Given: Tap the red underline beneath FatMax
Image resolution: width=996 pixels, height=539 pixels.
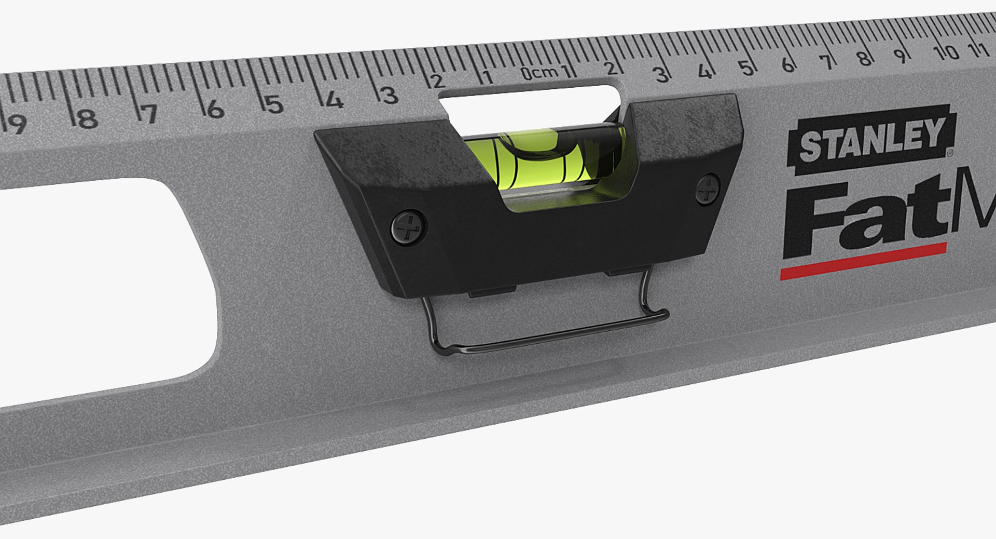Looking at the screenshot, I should [x=863, y=261].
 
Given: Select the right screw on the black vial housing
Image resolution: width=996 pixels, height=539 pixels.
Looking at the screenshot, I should [x=707, y=189].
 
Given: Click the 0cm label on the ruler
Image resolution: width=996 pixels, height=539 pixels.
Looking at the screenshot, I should [x=539, y=73].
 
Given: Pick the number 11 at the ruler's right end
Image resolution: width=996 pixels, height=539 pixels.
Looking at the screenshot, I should [x=977, y=49].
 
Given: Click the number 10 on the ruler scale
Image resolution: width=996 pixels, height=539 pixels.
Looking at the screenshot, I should [x=945, y=52].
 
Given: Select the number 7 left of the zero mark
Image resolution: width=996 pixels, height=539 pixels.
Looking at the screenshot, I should [x=149, y=114].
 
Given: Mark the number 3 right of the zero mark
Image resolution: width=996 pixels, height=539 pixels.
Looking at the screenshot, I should [x=661, y=75].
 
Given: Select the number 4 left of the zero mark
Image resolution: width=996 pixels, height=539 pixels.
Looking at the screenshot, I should [x=334, y=100].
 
